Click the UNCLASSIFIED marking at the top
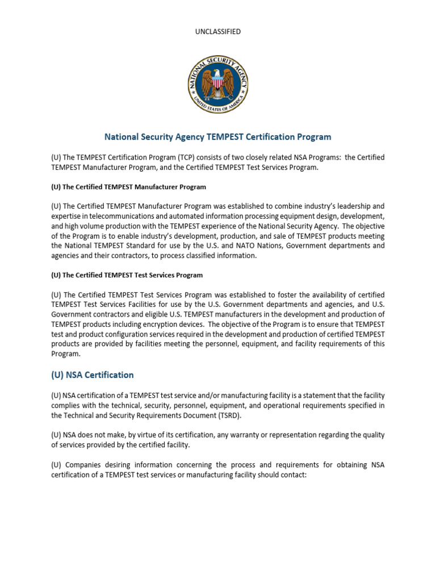click(x=217, y=32)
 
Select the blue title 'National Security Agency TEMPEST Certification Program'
click(x=218, y=137)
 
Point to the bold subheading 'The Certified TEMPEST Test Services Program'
click(x=127, y=275)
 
